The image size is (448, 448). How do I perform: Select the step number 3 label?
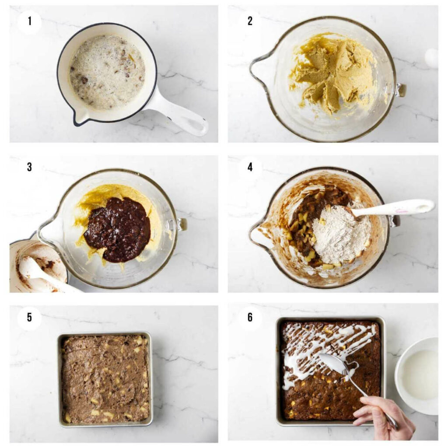[x=29, y=167]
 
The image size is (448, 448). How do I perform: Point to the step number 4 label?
[x=250, y=167]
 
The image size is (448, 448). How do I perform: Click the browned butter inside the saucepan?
[x=107, y=72]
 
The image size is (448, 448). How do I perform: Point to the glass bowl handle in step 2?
[x=400, y=90]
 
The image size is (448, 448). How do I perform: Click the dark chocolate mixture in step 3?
[x=117, y=229]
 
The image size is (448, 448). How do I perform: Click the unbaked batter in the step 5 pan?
[x=105, y=378]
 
